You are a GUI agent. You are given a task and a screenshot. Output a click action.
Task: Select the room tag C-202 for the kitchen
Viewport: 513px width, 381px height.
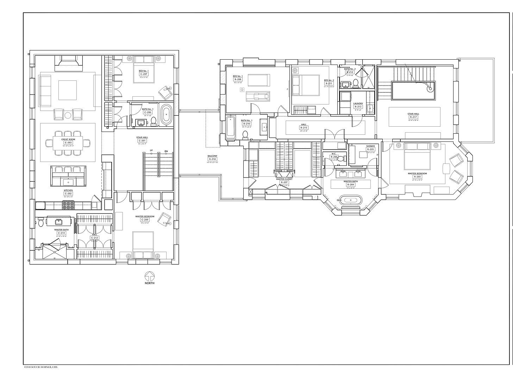point(68,194)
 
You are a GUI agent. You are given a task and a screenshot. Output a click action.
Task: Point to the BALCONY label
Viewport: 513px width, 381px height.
point(212,156)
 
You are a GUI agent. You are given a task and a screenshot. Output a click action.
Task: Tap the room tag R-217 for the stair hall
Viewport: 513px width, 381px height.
point(413,117)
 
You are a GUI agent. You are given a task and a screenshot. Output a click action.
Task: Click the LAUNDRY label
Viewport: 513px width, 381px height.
point(358,104)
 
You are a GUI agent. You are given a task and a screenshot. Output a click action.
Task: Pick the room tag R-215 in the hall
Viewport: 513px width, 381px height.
point(304,127)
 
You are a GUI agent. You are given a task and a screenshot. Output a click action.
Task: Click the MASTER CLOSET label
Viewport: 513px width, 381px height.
point(284,179)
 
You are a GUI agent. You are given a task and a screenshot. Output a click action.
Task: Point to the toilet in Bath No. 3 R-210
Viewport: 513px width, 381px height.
point(245,134)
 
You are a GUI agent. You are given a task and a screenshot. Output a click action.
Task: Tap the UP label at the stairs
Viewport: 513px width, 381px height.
point(151,150)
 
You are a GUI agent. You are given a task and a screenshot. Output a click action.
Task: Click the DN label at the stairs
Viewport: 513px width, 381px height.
point(166,151)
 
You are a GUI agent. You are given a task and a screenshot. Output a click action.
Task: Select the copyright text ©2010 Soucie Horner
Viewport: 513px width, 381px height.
point(40,367)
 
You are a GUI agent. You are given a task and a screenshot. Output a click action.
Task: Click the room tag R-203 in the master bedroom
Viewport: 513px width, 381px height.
point(417,177)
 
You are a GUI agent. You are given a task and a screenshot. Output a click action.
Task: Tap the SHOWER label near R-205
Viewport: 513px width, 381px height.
point(370,146)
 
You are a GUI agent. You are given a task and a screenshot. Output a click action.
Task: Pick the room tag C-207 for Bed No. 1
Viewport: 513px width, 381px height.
point(143,74)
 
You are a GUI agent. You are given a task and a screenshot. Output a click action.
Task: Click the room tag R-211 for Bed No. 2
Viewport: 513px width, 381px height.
point(329,84)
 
